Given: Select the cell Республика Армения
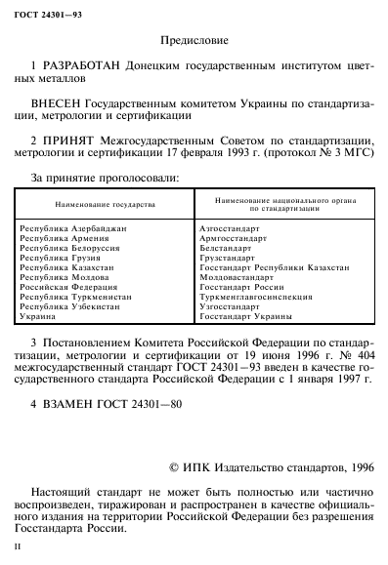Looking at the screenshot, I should click(65, 237).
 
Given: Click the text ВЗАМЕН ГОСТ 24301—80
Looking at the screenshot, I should click(110, 401).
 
